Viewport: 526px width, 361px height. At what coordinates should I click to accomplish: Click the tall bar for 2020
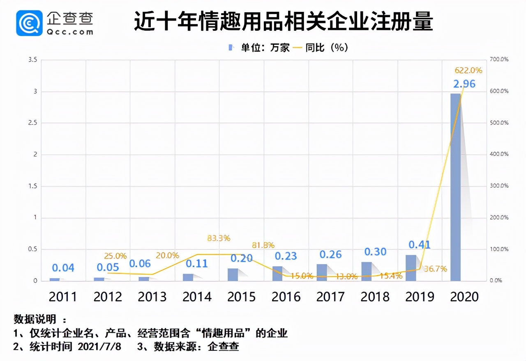tap(455, 187)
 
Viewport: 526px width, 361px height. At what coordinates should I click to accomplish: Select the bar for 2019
tap(411, 268)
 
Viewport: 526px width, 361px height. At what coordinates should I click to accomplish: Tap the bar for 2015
tap(233, 274)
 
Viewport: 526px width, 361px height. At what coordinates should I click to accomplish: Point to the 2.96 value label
tap(464, 84)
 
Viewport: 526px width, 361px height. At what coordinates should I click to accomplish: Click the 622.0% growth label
tap(468, 71)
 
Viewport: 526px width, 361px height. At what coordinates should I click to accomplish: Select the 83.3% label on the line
tap(219, 238)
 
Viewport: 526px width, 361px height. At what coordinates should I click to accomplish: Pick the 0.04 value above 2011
tap(63, 268)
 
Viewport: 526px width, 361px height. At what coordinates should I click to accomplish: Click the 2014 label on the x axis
tap(197, 297)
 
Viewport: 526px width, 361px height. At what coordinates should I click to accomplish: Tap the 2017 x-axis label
tap(331, 297)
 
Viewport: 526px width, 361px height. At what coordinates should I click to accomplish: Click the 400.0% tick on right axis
tap(499, 154)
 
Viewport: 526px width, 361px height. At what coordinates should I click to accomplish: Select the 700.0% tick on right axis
tap(499, 59)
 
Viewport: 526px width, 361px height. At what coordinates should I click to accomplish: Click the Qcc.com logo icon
tap(29, 23)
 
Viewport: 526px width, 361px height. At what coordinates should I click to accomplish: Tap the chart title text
tap(284, 22)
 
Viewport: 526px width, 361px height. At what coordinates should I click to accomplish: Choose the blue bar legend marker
tap(231, 48)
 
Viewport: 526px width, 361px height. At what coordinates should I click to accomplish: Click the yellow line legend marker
tap(298, 48)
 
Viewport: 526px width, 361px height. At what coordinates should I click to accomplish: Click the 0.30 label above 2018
tap(375, 252)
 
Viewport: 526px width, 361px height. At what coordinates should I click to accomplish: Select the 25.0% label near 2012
tap(115, 256)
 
